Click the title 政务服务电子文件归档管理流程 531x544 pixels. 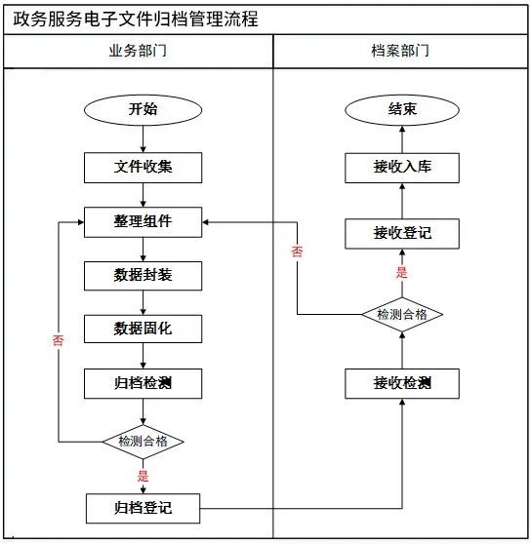136,19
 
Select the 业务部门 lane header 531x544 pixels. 137,52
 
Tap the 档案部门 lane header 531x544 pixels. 401,52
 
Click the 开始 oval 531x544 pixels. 143,109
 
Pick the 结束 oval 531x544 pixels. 402,109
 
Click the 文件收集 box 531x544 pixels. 143,167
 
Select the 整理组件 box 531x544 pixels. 143,221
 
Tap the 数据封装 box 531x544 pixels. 143,275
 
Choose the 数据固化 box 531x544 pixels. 143,329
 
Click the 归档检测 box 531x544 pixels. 143,382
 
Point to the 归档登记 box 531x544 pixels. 143,507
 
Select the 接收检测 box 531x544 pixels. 402,382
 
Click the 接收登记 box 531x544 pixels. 402,233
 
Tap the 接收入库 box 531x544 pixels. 402,167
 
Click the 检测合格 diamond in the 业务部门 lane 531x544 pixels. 143,441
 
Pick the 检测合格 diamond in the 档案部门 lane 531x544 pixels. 402,314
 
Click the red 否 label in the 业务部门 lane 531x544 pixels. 58,340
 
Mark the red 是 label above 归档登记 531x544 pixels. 143,476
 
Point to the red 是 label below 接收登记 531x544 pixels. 401,273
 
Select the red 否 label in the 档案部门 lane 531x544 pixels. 298,252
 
